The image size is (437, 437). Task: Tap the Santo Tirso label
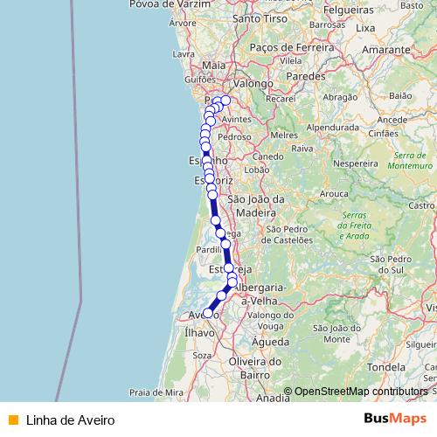(x=260, y=17)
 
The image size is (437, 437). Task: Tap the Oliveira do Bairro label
(x=254, y=367)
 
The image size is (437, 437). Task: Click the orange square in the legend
(x=12, y=420)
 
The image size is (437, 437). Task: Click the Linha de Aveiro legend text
(x=71, y=420)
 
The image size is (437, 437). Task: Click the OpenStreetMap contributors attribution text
(x=361, y=392)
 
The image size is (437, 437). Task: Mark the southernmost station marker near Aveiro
(x=208, y=312)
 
